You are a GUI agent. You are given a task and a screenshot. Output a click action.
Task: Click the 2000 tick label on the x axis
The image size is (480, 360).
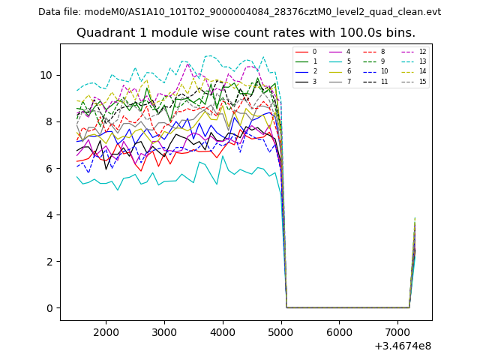106,331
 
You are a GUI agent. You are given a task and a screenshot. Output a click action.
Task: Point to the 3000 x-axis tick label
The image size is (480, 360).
164,331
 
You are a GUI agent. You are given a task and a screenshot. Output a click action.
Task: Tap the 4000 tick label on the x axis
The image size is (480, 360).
223,331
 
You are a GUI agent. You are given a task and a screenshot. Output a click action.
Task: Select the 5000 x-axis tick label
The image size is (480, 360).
281,331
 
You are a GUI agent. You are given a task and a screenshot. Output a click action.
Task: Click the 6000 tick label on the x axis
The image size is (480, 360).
340,331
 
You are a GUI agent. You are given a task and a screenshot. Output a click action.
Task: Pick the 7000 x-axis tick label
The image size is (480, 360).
398,331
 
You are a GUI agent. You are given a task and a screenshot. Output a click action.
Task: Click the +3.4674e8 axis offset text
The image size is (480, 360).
402,346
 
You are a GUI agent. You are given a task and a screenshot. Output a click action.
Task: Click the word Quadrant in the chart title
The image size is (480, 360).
102,33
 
